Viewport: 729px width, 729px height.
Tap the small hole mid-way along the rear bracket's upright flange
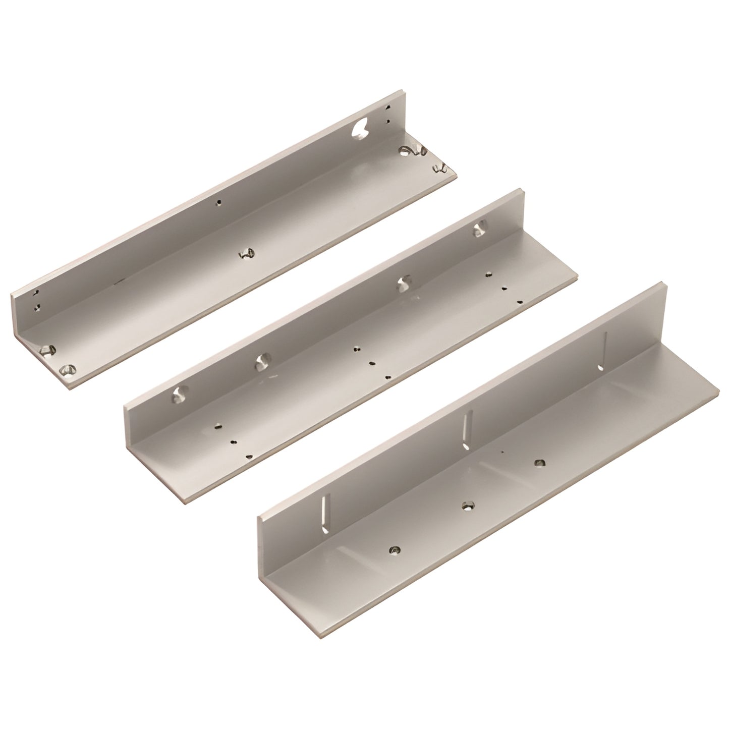click(x=218, y=203)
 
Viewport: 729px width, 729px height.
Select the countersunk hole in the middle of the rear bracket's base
click(x=246, y=253)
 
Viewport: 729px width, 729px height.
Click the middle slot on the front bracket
click(x=467, y=424)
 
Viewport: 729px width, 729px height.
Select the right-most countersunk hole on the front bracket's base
click(x=539, y=463)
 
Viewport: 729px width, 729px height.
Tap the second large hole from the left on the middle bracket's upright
click(x=263, y=361)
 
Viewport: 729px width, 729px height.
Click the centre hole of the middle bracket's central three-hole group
click(x=372, y=363)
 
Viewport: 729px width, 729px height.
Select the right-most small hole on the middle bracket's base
click(x=520, y=302)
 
